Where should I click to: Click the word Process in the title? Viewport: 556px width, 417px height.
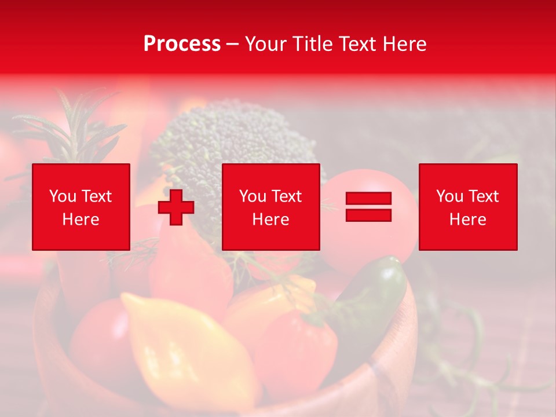(182, 44)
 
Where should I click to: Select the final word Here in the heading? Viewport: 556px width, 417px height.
(404, 44)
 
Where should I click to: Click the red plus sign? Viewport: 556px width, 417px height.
(176, 207)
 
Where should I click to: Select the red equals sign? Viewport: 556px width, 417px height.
(368, 207)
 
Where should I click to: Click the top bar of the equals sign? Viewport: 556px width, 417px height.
(368, 199)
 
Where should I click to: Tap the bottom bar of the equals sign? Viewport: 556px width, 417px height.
(368, 215)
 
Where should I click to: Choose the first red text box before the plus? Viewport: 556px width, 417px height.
(81, 207)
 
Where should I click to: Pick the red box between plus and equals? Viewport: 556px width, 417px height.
(270, 207)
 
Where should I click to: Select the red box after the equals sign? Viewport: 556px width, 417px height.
(467, 207)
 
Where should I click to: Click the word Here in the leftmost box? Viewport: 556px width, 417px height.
(81, 220)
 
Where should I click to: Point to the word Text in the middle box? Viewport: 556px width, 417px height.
(286, 196)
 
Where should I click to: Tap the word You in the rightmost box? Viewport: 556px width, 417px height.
(449, 196)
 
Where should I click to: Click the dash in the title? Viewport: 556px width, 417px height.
(232, 45)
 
